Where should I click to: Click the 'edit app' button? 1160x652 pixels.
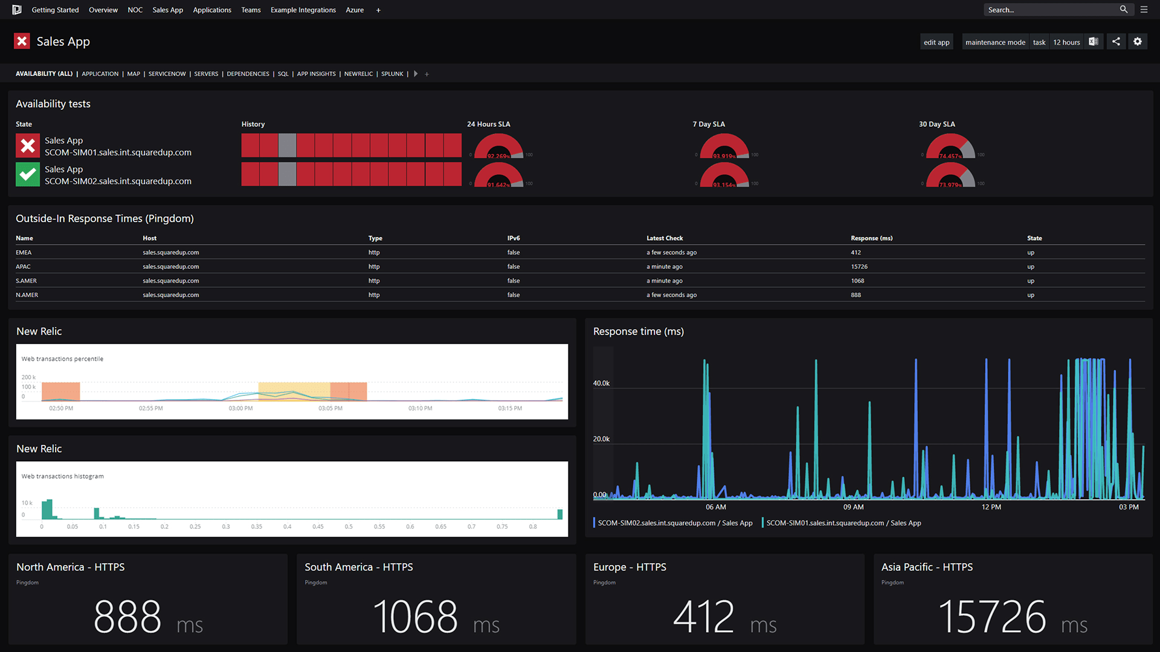click(936, 42)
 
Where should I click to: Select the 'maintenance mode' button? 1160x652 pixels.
click(994, 42)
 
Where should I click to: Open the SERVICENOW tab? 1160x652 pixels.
click(167, 74)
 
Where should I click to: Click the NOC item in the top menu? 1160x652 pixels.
click(135, 10)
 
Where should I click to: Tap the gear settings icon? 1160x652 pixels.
click(1138, 42)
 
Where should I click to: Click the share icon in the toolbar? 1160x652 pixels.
click(1116, 42)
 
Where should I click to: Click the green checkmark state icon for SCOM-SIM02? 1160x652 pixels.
click(28, 174)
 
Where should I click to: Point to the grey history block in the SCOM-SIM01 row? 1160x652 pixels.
click(287, 145)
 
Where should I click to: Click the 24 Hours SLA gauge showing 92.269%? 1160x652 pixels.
click(498, 147)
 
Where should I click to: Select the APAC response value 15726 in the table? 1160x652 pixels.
click(859, 266)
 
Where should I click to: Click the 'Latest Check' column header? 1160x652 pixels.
click(665, 238)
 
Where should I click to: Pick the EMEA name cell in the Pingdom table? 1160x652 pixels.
click(24, 252)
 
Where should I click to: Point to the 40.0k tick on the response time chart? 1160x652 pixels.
click(601, 383)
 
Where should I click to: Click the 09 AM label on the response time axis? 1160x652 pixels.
click(853, 507)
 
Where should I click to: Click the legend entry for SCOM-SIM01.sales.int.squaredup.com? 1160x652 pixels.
click(843, 523)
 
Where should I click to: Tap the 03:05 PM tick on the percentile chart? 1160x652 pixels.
click(330, 408)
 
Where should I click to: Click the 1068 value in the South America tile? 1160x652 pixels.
click(415, 617)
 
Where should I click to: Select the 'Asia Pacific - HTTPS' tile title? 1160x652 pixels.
click(927, 567)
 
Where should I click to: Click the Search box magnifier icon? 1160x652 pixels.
click(1123, 10)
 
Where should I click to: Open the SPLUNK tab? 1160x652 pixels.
click(392, 74)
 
